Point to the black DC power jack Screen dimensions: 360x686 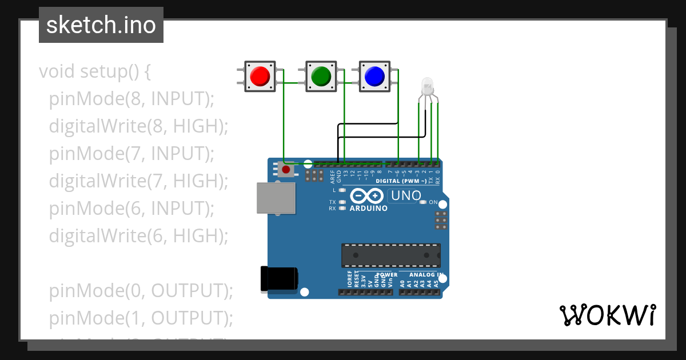point(279,278)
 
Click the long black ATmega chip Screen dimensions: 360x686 point(392,255)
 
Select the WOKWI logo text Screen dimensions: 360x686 point(607,315)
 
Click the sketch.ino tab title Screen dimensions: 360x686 point(101,25)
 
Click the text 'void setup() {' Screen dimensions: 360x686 point(94,71)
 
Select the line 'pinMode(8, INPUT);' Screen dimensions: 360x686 point(131,99)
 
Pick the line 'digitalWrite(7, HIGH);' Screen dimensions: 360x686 point(138,181)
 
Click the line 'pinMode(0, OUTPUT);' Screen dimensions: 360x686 point(141,291)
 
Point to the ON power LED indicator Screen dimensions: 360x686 point(423,202)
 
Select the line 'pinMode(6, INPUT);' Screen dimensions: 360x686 point(131,209)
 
